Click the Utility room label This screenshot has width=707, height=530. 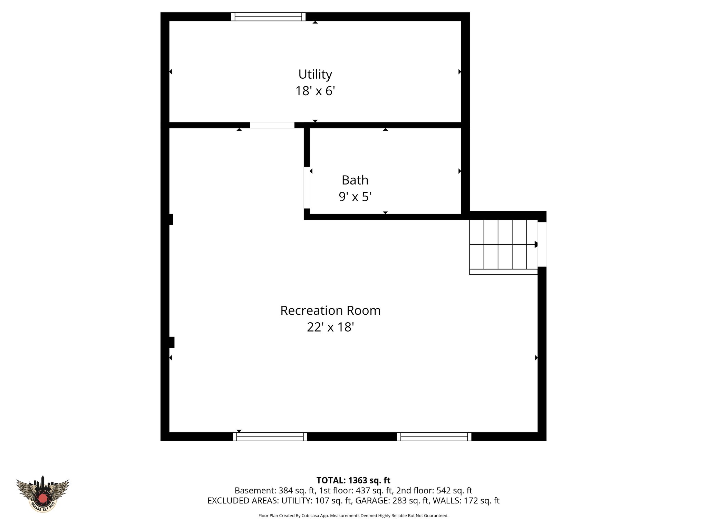315,74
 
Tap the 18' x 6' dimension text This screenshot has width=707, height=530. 315,91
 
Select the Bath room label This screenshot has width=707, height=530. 355,180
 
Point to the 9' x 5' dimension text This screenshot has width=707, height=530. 355,197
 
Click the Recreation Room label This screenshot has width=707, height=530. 330,311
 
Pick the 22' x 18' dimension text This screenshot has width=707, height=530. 330,327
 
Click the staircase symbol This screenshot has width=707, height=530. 503,245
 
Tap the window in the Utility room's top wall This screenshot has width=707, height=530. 268,17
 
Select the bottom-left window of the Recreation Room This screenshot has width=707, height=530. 270,436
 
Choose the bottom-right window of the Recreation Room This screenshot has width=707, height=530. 434,436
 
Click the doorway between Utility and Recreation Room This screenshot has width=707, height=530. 272,125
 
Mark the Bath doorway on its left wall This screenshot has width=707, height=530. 307,187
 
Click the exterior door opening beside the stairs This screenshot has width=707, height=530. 542,244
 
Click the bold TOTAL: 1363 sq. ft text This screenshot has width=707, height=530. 353,480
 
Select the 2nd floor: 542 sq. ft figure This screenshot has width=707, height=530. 434,491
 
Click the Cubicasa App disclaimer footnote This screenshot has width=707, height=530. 353,516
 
